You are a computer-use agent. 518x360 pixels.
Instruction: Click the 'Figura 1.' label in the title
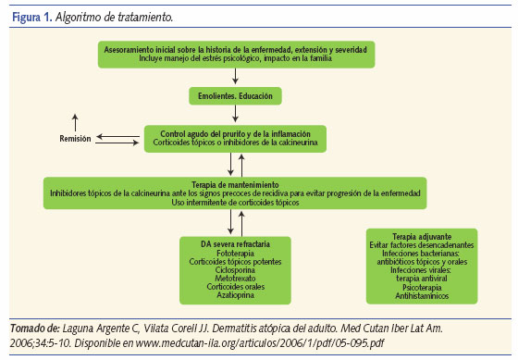tap(29, 17)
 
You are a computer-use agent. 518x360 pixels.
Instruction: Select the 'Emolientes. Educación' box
tap(236, 95)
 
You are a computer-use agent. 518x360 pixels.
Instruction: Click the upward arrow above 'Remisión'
tap(76, 121)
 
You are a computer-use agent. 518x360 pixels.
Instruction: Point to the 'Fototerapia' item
tap(236, 252)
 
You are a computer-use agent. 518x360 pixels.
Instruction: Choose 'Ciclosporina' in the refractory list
tap(236, 270)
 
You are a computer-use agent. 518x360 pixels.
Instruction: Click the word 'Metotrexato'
tap(236, 279)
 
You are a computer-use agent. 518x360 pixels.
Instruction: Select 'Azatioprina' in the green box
tap(236, 298)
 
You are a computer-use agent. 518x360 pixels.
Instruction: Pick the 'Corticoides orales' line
tap(236, 289)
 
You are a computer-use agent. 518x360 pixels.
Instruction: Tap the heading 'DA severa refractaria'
tap(236, 242)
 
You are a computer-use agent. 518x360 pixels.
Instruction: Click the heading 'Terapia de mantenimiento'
tap(236, 183)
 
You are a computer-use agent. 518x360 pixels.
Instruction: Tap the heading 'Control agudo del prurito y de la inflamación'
tap(236, 134)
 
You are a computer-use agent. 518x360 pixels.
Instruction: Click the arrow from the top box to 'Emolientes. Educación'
tap(236, 77)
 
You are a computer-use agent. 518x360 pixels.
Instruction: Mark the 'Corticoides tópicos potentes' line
tap(236, 261)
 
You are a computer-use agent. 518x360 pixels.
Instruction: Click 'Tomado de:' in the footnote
tap(33, 328)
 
